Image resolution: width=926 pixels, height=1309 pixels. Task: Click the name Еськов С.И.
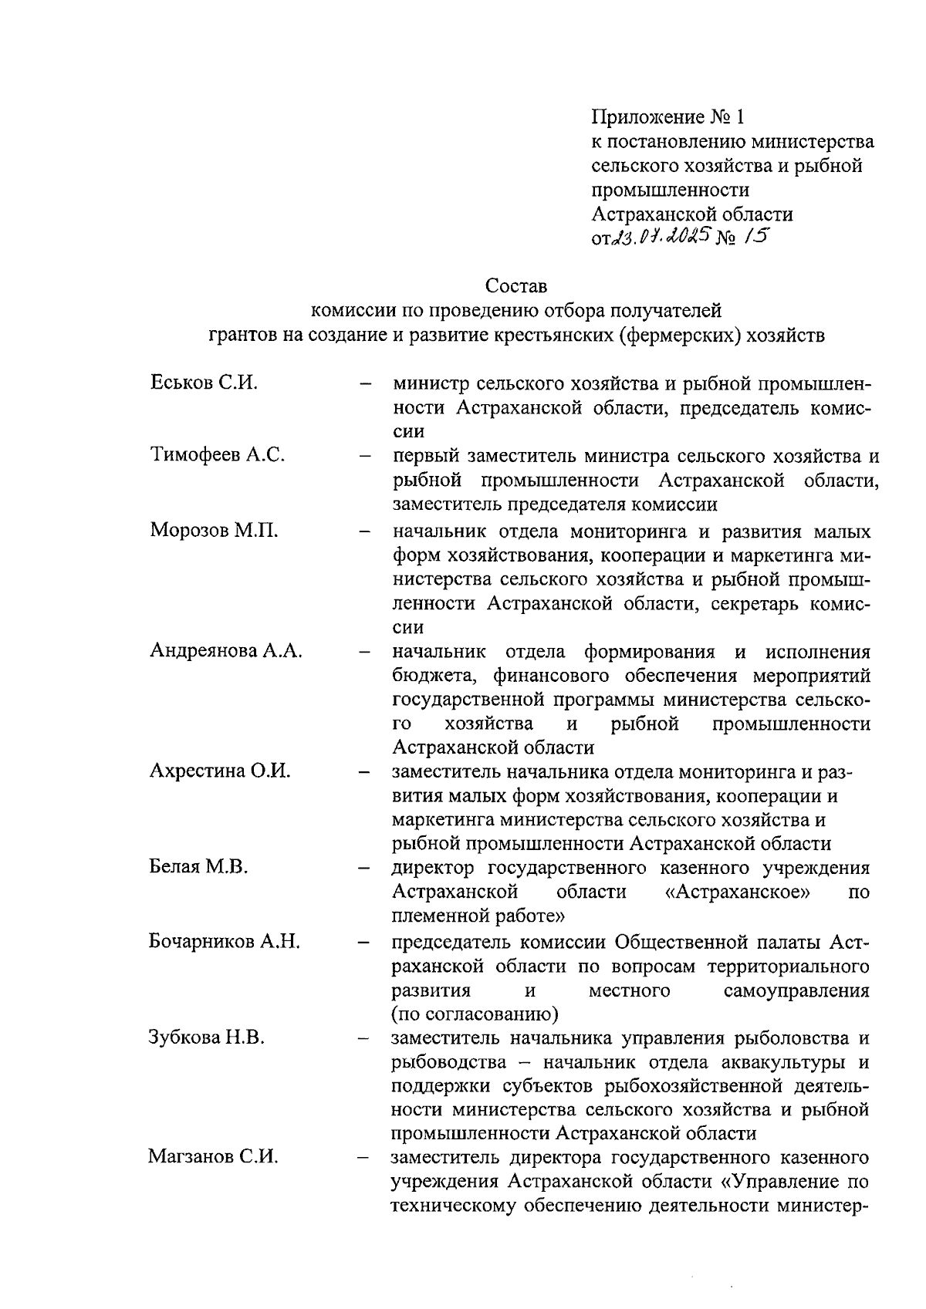coord(204,383)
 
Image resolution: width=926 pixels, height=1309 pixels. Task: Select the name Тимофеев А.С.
coord(218,455)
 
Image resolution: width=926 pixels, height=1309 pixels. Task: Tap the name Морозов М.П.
coord(215,531)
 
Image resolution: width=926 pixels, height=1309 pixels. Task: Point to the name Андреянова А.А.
coord(226,651)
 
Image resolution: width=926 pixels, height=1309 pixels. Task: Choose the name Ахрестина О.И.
coord(220,771)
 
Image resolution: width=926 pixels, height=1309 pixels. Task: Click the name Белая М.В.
coord(199,867)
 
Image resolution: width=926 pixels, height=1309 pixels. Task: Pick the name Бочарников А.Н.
coord(225,941)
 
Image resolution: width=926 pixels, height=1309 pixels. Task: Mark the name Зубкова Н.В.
coord(207,1037)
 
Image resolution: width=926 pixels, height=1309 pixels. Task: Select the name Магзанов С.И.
coord(214,1157)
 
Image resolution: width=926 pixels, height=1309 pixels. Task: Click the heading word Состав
coord(516,286)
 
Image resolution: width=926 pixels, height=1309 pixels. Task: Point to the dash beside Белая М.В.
coord(365,869)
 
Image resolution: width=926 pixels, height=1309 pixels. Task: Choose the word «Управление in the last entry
coord(780,1182)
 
